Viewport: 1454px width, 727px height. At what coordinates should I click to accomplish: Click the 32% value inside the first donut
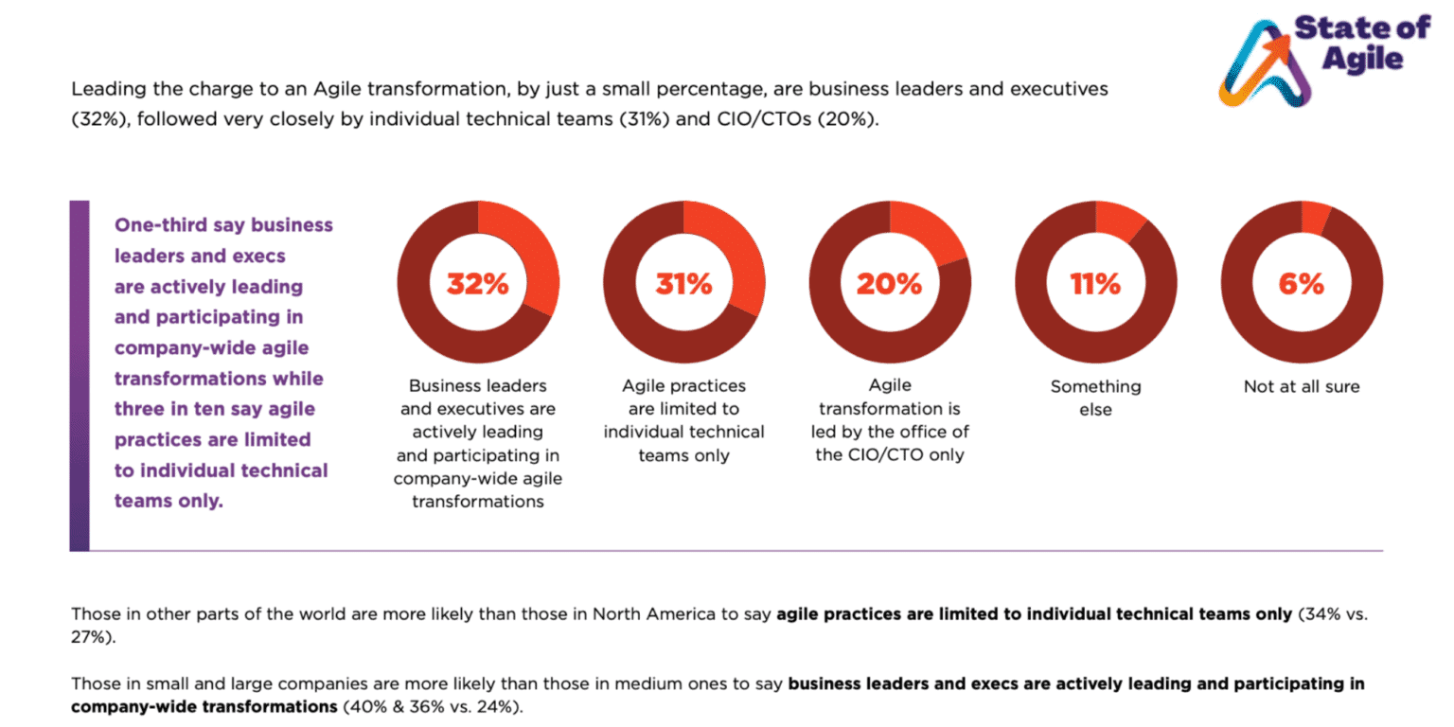[478, 283]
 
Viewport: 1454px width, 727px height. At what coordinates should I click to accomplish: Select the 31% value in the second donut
[683, 283]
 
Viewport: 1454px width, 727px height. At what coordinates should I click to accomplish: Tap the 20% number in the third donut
[889, 283]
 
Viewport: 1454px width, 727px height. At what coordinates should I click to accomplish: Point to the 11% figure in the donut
[1095, 283]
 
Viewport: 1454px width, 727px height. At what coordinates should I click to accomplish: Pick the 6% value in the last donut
[1302, 283]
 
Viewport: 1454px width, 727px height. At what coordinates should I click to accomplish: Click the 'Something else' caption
[1095, 399]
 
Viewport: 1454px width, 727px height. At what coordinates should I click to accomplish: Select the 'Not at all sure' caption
[1302, 386]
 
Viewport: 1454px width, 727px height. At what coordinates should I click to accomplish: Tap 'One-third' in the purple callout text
[158, 225]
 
